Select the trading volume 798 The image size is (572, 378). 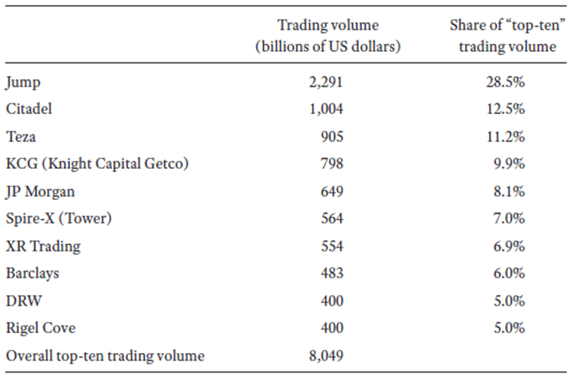(332, 164)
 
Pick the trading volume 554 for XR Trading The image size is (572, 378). (332, 246)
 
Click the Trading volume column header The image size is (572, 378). (328, 35)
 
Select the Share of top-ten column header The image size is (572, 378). (502, 35)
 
